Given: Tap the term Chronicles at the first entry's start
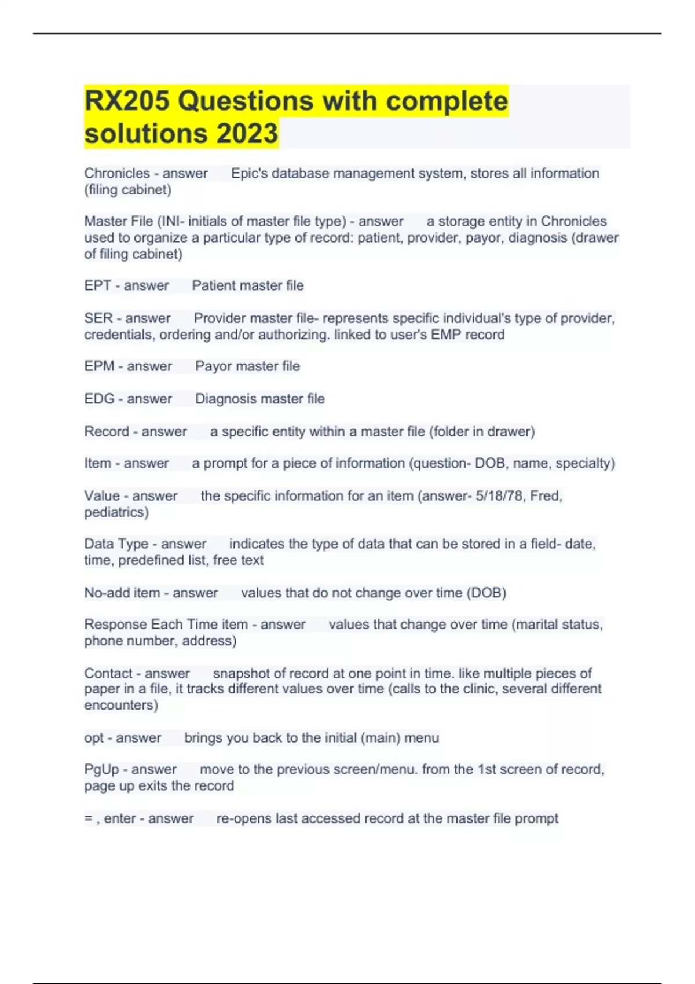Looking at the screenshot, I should pyautogui.click(x=117, y=174).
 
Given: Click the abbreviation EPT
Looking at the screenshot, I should pyautogui.click(x=97, y=285).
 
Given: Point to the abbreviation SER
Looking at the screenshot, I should pyautogui.click(x=98, y=318).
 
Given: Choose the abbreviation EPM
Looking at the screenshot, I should pyautogui.click(x=99, y=366).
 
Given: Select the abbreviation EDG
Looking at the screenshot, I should pyautogui.click(x=99, y=399).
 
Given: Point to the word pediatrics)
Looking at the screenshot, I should pyautogui.click(x=116, y=512).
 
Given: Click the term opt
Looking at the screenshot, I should pyautogui.click(x=94, y=738).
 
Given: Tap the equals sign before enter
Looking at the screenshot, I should pyautogui.click(x=88, y=818).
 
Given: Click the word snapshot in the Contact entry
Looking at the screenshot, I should pyautogui.click(x=240, y=674).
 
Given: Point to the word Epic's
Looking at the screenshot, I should pyautogui.click(x=249, y=174).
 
